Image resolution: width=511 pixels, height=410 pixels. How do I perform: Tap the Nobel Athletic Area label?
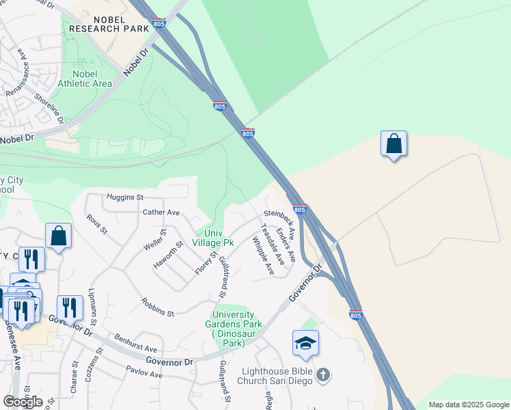tap(85, 79)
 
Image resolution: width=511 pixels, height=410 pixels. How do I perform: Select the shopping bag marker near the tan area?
tap(393, 144)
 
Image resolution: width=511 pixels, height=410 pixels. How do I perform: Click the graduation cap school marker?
tap(305, 344)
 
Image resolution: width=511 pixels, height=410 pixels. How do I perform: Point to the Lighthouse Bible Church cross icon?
tap(323, 374)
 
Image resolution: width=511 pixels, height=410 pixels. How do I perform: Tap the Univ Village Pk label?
tap(213, 238)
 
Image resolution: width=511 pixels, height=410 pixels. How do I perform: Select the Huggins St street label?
tap(124, 197)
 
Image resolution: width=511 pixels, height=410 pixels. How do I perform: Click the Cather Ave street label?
tap(161, 213)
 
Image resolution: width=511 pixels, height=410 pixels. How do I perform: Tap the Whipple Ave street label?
tap(262, 256)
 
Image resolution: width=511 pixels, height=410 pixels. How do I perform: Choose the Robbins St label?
tap(158, 307)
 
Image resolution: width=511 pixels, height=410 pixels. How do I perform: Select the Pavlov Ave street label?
tap(144, 372)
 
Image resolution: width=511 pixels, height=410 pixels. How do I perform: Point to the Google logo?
tap(23, 401)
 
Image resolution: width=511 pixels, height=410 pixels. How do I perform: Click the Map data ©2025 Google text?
tap(469, 405)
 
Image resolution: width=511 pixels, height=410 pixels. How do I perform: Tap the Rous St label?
tap(96, 224)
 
